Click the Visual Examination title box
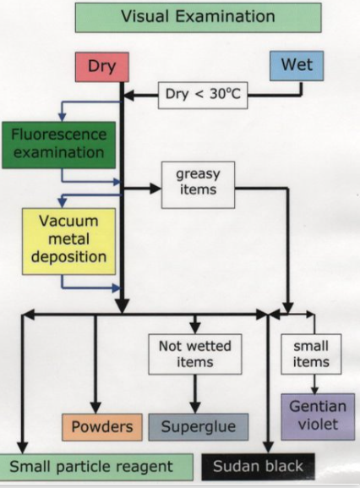coord(198,16)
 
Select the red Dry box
coord(101,66)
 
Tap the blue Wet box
coord(296,66)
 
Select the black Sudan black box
coord(253,465)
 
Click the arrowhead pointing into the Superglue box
coord(196,407)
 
